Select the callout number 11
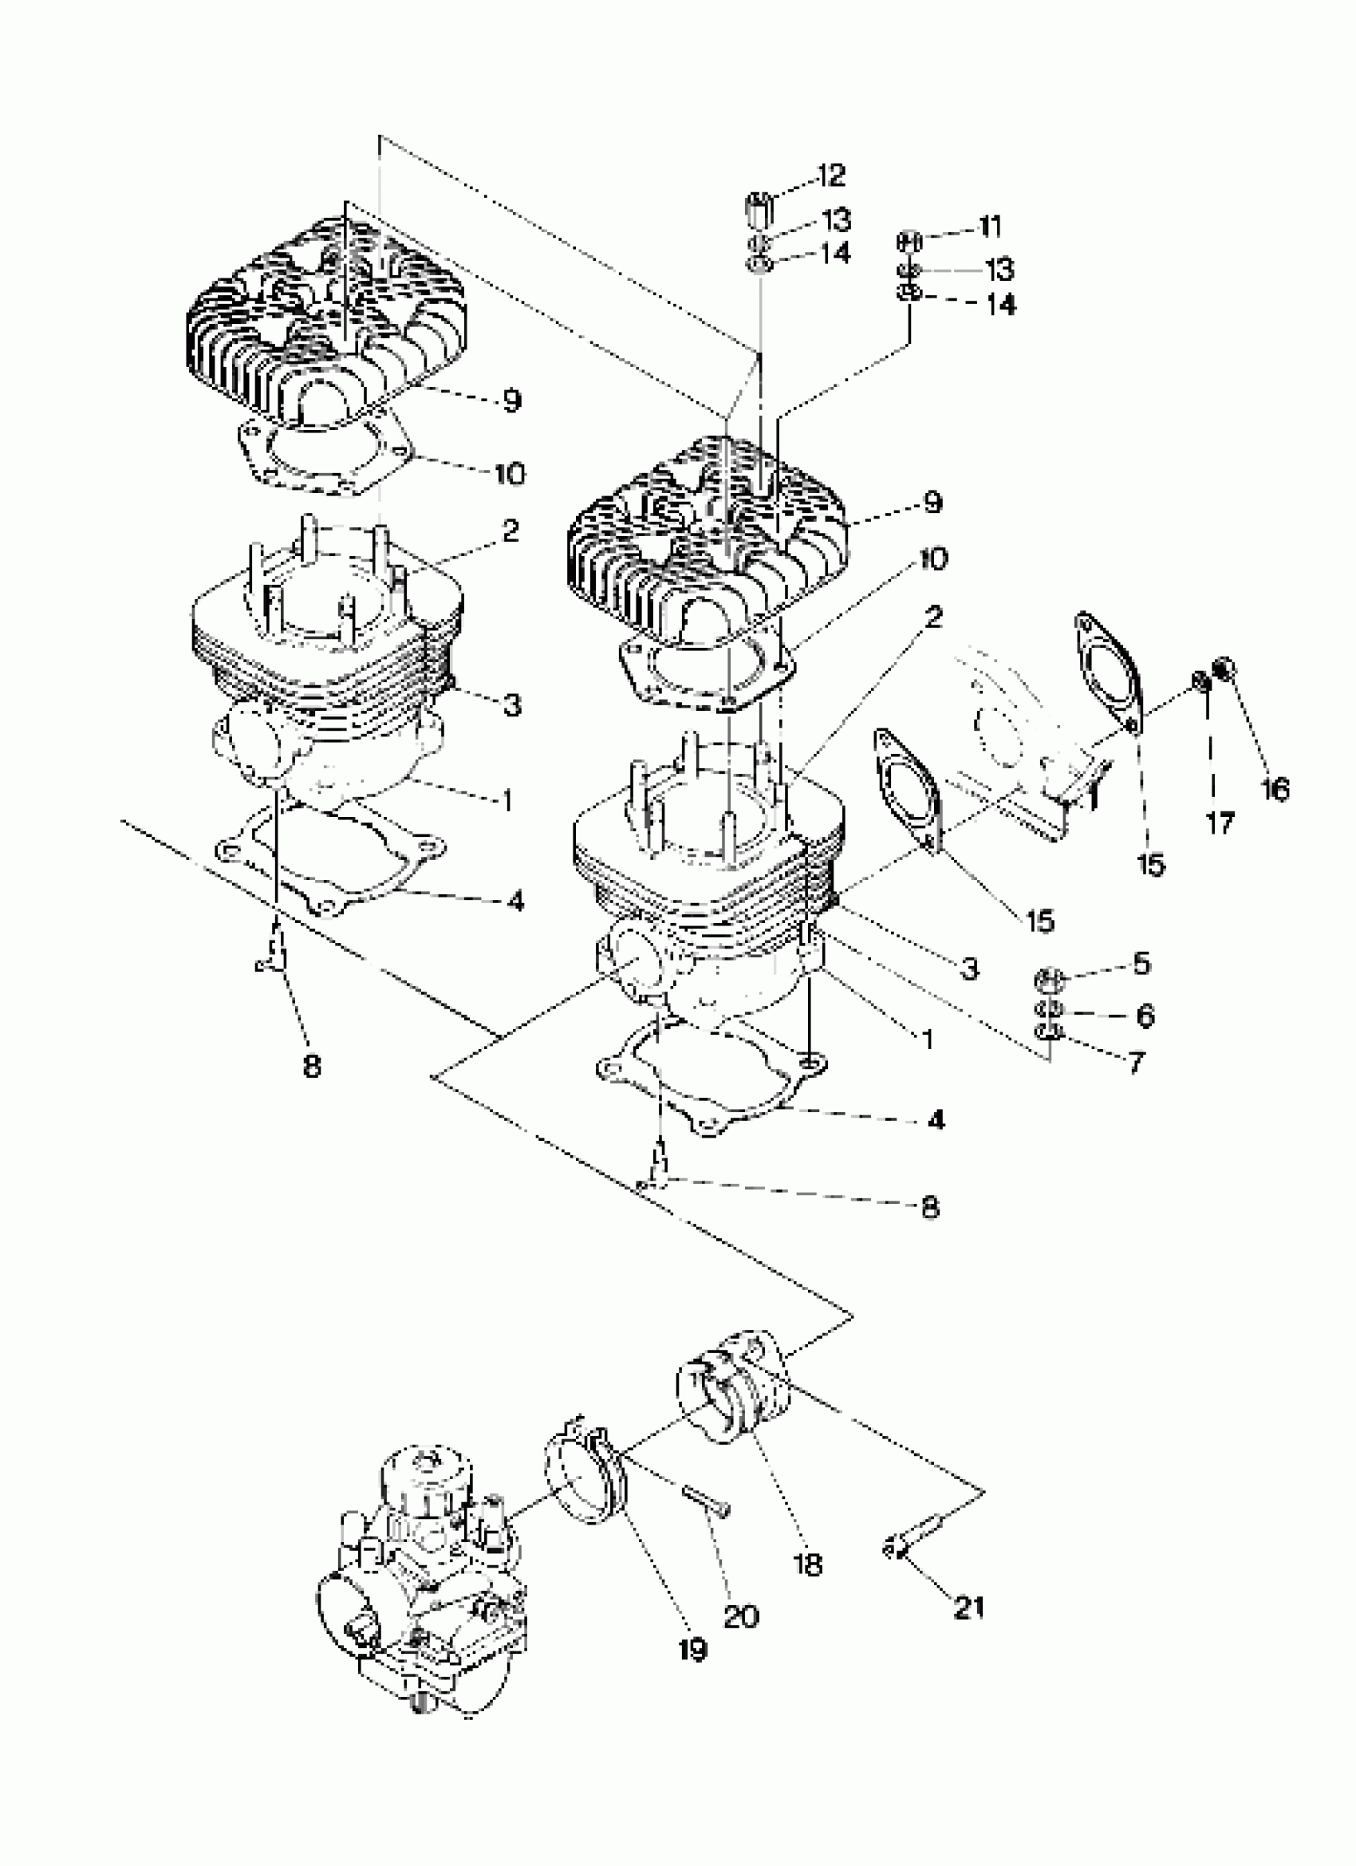[x=989, y=226]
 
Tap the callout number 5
[x=1141, y=963]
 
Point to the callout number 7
[x=1136, y=1063]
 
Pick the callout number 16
[x=1275, y=789]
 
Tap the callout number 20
[x=740, y=1617]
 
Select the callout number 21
[x=968, y=1607]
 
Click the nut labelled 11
[x=908, y=242]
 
